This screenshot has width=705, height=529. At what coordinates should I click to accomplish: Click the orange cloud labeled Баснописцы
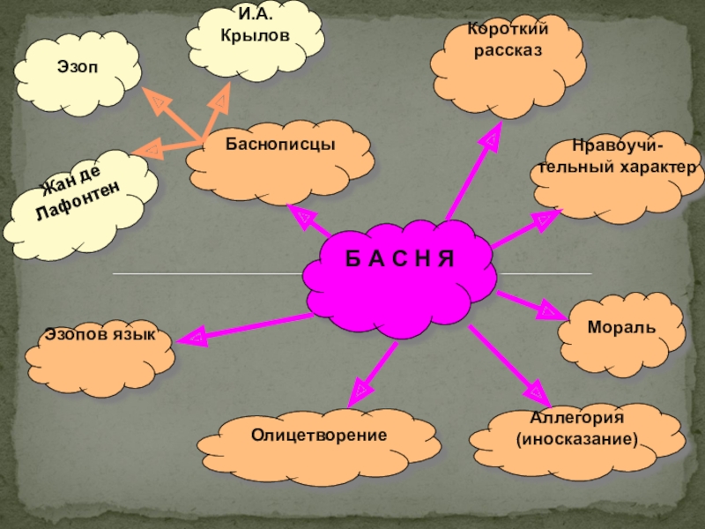(280, 159)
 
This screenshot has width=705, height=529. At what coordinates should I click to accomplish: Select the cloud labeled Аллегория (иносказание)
(576, 432)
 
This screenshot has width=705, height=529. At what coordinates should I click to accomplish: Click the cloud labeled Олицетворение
(318, 436)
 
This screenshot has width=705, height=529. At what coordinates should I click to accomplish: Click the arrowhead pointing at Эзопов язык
(196, 336)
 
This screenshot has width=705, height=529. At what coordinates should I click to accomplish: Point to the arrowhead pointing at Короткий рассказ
(492, 137)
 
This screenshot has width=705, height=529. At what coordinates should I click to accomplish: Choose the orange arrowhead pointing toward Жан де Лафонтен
(150, 150)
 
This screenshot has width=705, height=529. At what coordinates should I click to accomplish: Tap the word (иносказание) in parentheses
(576, 438)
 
